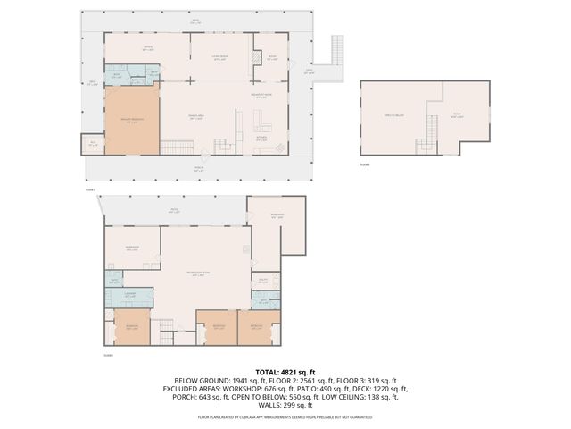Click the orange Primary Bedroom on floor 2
point(132,119)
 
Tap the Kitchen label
point(262,139)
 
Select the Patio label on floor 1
point(175,213)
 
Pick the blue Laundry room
point(130,299)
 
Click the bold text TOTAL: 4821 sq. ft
point(285,372)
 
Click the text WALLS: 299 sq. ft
point(285,407)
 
